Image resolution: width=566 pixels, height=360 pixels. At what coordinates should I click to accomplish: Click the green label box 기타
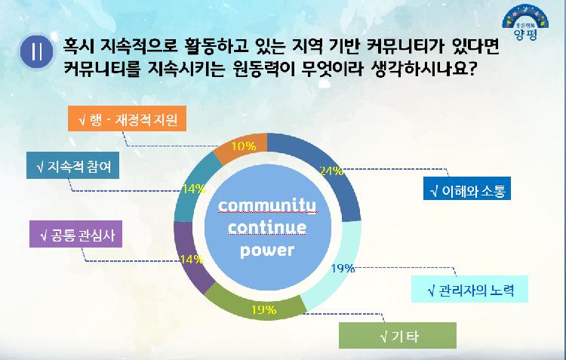(398, 335)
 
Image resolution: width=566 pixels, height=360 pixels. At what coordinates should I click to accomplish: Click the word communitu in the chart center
(268, 206)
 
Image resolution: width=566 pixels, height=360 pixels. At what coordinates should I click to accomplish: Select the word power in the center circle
(267, 250)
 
